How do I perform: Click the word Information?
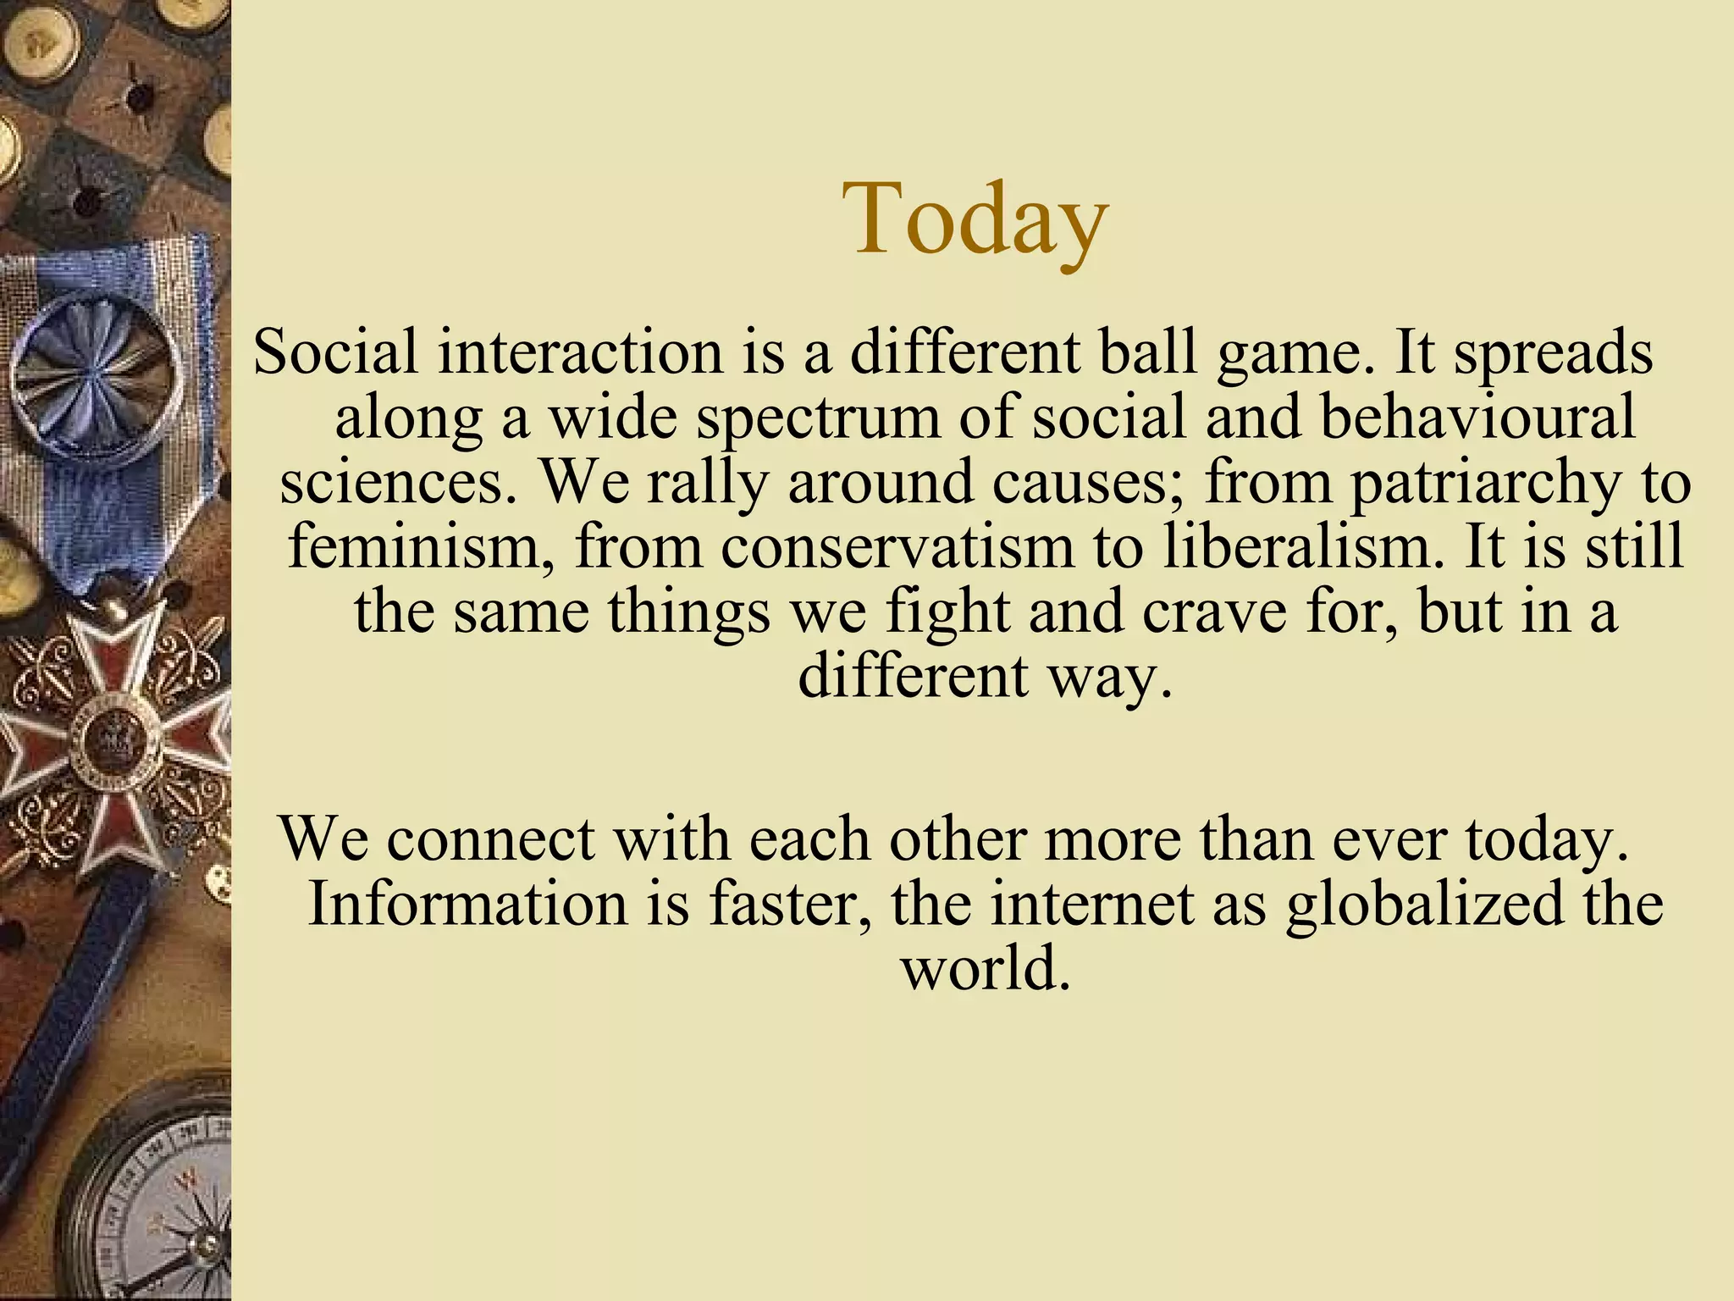click(468, 903)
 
